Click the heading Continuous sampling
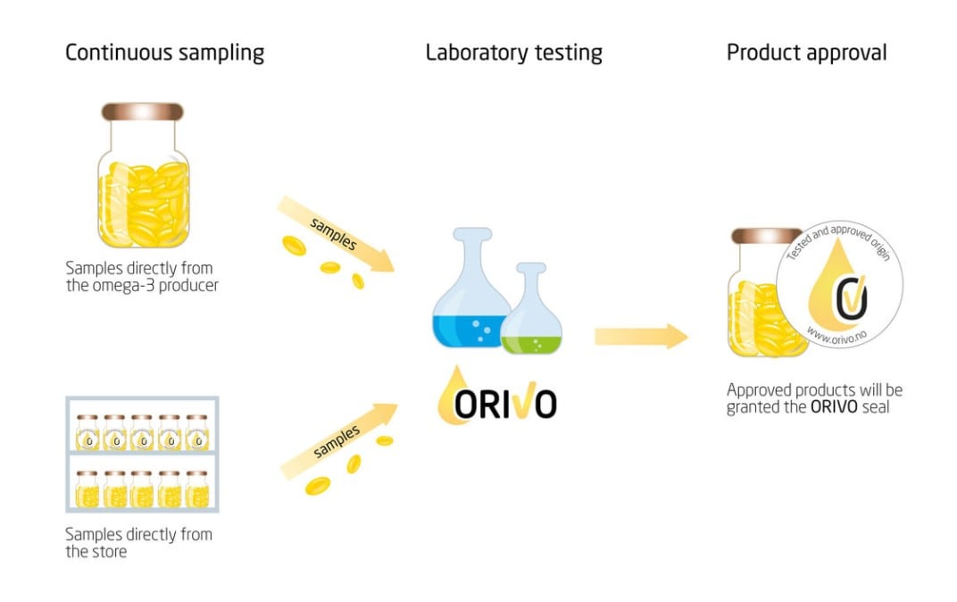point(164,53)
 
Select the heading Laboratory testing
point(513,53)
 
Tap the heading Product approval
point(806,53)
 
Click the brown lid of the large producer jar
point(143,113)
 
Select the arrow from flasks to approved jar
point(640,337)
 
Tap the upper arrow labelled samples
point(336,234)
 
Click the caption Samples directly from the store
point(138,543)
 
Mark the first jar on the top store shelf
point(87,432)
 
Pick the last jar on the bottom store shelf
point(196,489)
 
